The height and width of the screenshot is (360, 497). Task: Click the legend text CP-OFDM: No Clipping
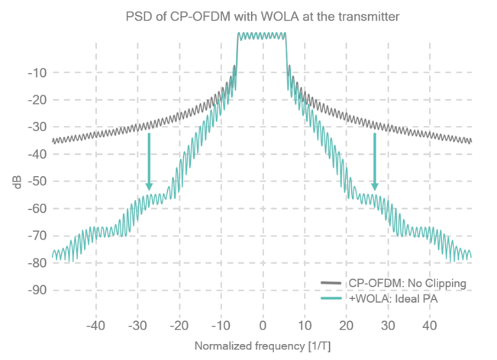click(x=407, y=284)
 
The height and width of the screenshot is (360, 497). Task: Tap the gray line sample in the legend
click(x=331, y=284)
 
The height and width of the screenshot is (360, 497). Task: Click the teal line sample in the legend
click(x=331, y=298)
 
